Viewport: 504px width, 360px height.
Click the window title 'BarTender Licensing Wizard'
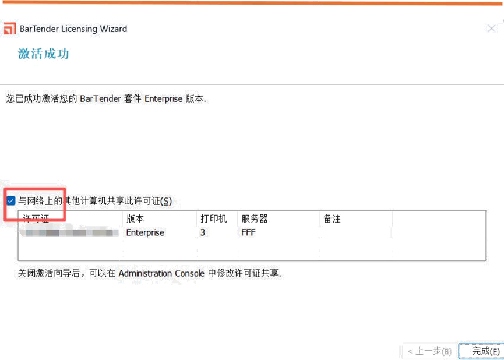tap(73, 29)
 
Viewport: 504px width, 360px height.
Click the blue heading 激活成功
tap(44, 55)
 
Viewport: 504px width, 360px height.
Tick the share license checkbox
tap(11, 201)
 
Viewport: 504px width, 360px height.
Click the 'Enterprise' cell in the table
tap(146, 232)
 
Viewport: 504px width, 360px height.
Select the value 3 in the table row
tap(202, 232)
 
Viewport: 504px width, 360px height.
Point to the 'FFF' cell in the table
tap(249, 232)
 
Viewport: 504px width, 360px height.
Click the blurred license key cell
tap(70, 232)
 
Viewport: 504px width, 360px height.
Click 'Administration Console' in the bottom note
tap(161, 273)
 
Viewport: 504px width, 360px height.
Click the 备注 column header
tap(330, 218)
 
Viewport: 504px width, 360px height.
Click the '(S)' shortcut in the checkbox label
tap(166, 201)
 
